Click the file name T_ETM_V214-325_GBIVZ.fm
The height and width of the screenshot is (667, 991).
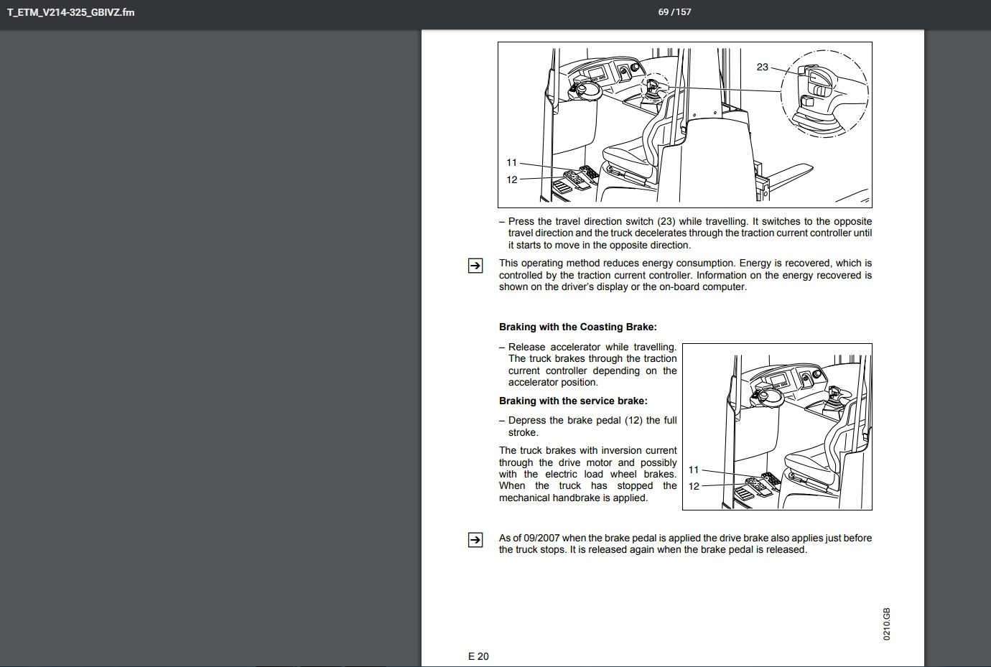click(70, 12)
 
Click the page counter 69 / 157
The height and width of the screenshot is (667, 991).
click(674, 12)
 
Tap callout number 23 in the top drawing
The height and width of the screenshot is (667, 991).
click(762, 67)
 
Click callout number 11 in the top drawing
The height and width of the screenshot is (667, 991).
click(511, 163)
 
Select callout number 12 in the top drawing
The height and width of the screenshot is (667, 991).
click(511, 179)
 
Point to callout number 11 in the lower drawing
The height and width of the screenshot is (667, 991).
click(693, 470)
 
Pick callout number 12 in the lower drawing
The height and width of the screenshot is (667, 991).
click(693, 486)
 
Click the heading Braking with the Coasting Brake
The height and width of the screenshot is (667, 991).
click(577, 327)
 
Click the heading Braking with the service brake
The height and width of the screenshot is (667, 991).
click(572, 401)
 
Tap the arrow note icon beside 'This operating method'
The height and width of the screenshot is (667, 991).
click(475, 266)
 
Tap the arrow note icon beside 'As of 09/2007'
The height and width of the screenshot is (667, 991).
click(475, 541)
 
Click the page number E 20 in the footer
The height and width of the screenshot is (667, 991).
click(478, 656)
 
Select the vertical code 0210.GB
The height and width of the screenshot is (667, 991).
click(887, 624)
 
